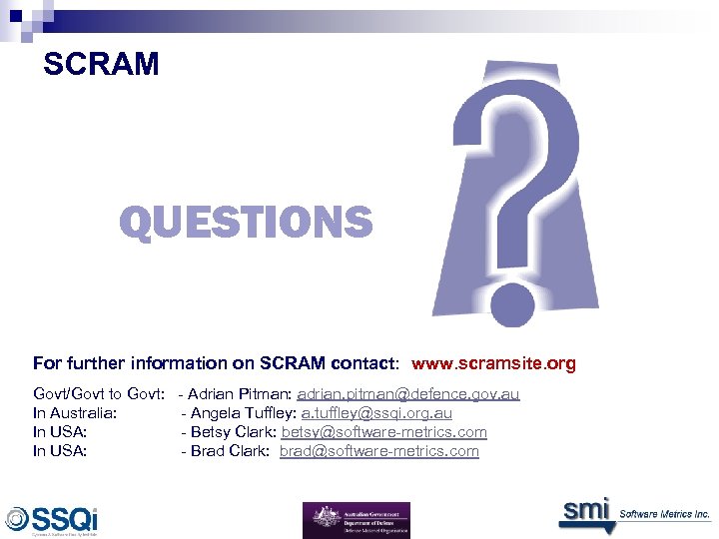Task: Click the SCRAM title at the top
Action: [101, 65]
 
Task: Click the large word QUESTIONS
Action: [246, 222]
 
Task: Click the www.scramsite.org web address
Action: [493, 363]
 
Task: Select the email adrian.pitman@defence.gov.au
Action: [408, 394]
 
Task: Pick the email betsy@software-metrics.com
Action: [384, 432]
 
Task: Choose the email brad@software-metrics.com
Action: [379, 451]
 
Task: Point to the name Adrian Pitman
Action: [239, 394]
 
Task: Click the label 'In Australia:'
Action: [76, 413]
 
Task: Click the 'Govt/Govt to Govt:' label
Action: [99, 394]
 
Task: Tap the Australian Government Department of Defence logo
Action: [356, 520]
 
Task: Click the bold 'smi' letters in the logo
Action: [584, 510]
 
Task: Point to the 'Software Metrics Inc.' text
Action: [664, 514]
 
